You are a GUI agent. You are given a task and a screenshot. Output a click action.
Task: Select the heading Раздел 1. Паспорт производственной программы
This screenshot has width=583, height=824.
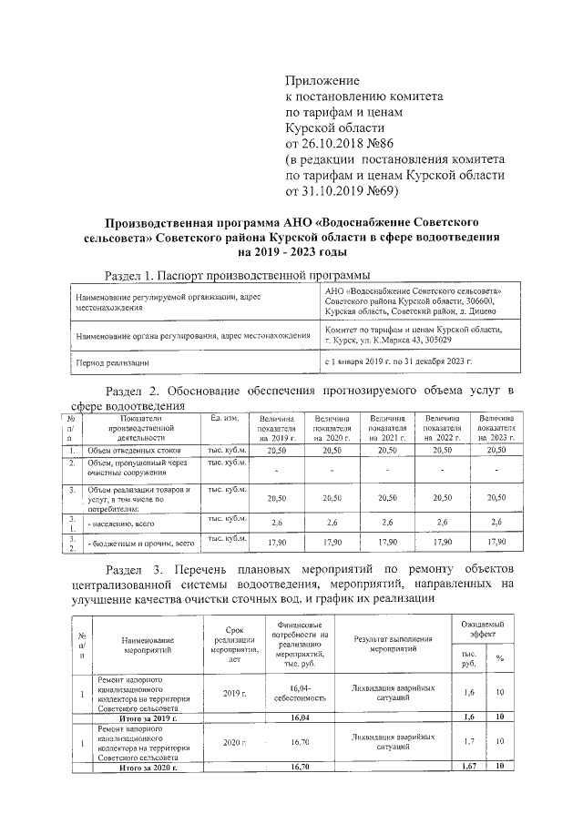pyautogui.click(x=238, y=275)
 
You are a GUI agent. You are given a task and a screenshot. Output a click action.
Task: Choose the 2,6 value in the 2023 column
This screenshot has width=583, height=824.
pyautogui.click(x=496, y=522)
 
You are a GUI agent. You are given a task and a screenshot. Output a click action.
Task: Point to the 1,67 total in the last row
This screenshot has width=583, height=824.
pyautogui.click(x=469, y=768)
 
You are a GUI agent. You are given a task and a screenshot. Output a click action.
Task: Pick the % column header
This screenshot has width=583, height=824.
pyautogui.click(x=500, y=658)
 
